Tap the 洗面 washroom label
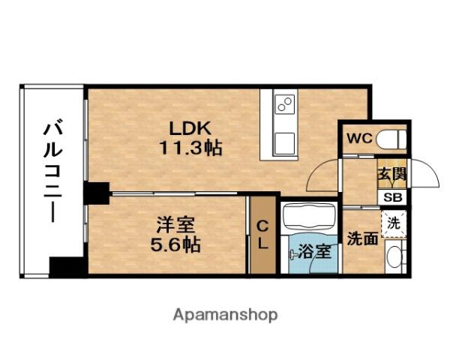tap(362, 238)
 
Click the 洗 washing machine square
tap(394, 223)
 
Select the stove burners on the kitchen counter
tap(286, 104)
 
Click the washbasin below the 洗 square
tap(394, 259)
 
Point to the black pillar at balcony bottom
tap(64, 267)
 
